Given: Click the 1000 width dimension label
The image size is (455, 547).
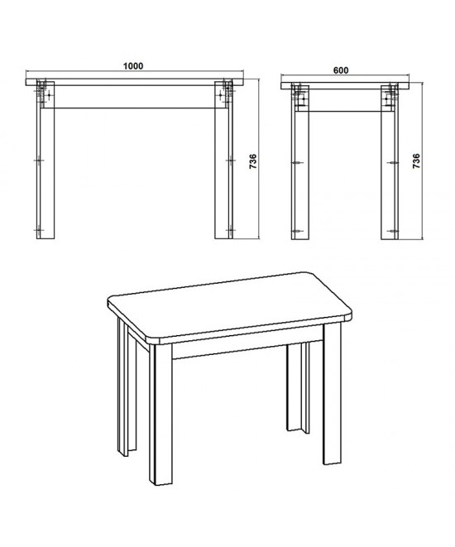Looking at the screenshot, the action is [133, 66].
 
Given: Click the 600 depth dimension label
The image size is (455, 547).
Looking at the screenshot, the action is [341, 70].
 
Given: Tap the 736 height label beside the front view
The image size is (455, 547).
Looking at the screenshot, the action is [253, 161].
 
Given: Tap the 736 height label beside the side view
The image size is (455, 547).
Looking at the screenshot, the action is [416, 161].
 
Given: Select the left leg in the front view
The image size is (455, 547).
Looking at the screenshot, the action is [45, 160].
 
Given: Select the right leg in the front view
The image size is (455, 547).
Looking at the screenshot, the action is [224, 160].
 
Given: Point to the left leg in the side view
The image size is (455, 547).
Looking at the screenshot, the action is [299, 162].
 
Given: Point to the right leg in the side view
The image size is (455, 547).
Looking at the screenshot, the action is [390, 162].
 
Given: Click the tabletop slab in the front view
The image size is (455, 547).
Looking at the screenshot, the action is [135, 82].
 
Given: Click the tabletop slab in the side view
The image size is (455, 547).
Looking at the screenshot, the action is [345, 86].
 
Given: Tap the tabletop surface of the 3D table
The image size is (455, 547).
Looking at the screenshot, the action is [230, 305].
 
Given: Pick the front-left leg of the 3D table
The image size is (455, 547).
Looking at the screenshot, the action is [161, 415].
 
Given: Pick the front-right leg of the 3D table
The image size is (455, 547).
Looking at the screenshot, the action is [333, 394].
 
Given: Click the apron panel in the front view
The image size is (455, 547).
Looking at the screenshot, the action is [135, 97].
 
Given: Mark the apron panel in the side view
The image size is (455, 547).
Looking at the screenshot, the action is [345, 100].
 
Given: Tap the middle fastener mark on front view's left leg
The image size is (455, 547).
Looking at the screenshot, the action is [39, 160].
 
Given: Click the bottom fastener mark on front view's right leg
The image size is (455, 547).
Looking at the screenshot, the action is [230, 230].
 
